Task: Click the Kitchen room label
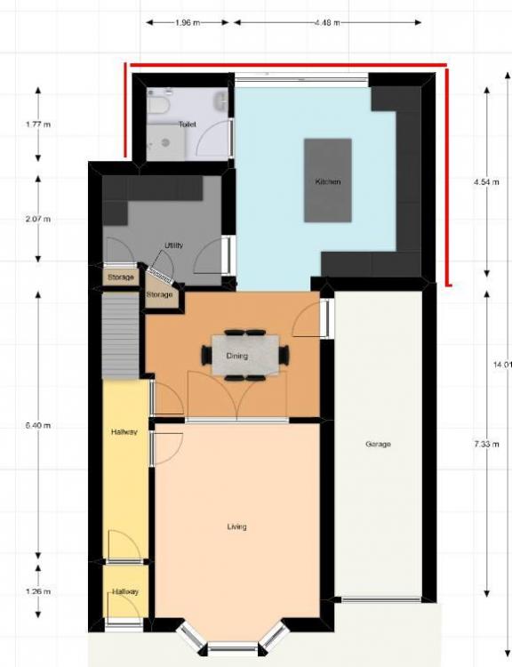click(327, 181)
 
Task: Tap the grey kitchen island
click(327, 181)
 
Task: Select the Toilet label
click(187, 125)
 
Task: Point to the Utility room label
click(173, 245)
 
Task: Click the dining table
click(246, 356)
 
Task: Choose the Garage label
click(378, 444)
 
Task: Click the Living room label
click(236, 526)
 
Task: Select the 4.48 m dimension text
click(327, 22)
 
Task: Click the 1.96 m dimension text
click(187, 22)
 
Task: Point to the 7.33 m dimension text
click(487, 444)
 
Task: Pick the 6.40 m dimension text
click(38, 425)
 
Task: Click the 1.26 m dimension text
click(38, 591)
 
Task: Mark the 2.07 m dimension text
click(38, 219)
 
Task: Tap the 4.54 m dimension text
click(487, 181)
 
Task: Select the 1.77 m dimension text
click(38, 125)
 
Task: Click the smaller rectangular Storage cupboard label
click(121, 277)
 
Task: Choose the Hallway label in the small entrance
click(125, 591)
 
